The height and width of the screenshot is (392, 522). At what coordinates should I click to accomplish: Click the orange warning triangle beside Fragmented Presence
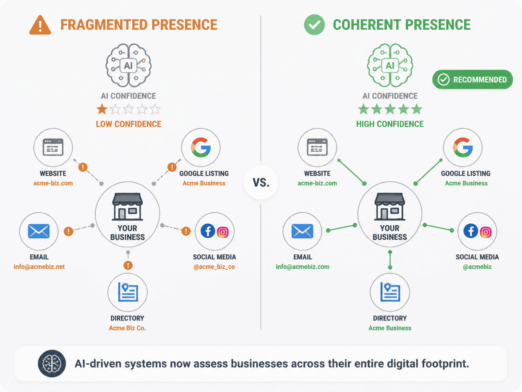pos(40,25)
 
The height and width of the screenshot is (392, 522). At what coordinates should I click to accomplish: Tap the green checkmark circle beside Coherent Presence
pos(314,25)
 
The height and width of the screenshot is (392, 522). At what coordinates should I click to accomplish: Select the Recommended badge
pos(473,80)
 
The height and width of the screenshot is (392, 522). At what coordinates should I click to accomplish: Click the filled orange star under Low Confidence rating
pos(102,109)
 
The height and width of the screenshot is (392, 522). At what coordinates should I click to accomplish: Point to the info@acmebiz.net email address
pos(39,267)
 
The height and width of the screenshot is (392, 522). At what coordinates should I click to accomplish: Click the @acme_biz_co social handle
pos(214,267)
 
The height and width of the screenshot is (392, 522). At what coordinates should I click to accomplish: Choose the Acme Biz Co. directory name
pos(127,328)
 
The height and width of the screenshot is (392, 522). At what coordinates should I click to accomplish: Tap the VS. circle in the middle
pos(261,182)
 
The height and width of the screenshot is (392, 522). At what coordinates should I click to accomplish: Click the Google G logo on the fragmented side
pos(201,147)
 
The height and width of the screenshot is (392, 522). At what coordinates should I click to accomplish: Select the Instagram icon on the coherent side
pos(486,232)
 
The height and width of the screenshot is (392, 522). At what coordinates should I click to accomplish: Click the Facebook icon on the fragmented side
pos(208,231)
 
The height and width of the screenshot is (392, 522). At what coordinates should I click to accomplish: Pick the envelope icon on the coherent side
pos(302,231)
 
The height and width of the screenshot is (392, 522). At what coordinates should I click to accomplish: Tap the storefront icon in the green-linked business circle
pos(390,206)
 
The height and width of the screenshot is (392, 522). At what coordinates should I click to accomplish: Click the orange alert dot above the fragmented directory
pos(128,265)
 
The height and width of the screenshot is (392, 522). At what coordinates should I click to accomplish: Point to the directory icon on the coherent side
pos(390,292)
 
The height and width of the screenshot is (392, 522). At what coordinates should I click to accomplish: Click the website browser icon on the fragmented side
pos(53,147)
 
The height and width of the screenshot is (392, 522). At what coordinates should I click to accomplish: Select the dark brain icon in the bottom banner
pos(52,364)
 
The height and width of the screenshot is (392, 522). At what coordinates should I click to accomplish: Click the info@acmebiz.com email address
pos(303,267)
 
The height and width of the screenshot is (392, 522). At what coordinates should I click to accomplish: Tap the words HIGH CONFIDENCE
pos(390,124)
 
